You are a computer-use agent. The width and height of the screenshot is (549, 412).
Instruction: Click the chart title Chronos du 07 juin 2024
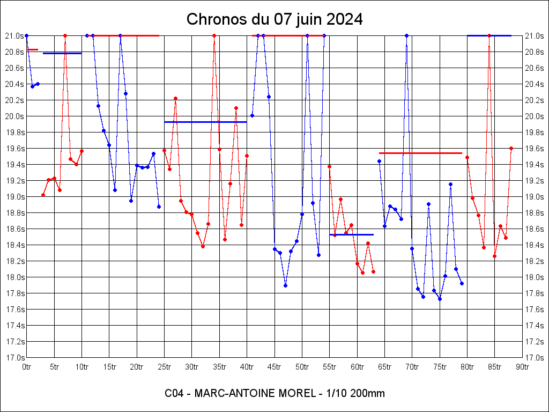[274, 20]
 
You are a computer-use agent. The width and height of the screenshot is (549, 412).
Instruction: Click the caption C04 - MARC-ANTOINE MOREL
[274, 393]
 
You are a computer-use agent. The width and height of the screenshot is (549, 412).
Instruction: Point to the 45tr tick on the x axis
[274, 367]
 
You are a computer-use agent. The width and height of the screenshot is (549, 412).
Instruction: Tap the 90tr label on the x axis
[523, 367]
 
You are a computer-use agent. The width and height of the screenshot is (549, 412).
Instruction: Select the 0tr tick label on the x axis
[26, 367]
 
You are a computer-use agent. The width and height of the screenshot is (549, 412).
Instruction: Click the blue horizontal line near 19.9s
[205, 122]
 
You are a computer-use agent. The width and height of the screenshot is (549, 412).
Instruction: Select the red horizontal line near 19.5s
[420, 153]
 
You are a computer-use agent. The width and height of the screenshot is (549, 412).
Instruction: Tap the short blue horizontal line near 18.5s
[351, 234]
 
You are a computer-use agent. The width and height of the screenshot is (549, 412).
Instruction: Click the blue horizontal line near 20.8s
[62, 53]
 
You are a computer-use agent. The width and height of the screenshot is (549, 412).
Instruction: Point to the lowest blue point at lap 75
[440, 299]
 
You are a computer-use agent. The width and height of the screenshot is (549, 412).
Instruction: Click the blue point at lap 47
[285, 285]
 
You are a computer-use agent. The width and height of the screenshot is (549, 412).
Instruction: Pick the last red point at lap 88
[511, 148]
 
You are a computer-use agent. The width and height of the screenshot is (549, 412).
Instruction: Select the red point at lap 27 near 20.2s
[175, 98]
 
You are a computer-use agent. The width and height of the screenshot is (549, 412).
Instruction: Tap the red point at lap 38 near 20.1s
[236, 108]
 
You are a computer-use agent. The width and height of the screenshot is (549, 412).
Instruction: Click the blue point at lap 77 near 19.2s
[450, 184]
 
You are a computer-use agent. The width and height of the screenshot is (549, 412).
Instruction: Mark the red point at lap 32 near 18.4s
[203, 246]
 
